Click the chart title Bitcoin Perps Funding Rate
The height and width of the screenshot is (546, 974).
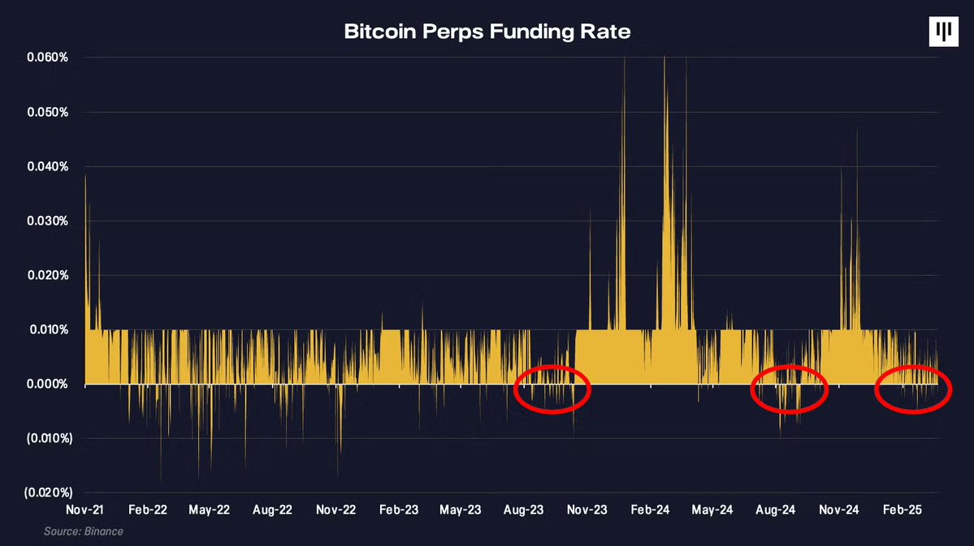[487, 32]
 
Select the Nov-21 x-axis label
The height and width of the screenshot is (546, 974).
[84, 510]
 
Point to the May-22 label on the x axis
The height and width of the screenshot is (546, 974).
[210, 510]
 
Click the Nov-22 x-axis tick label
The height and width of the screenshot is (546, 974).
[335, 510]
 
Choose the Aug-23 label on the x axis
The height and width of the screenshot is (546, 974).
[524, 510]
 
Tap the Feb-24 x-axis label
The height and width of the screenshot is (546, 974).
[650, 510]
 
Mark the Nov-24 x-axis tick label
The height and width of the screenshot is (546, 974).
[839, 510]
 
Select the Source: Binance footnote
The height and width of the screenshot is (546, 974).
[84, 531]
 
